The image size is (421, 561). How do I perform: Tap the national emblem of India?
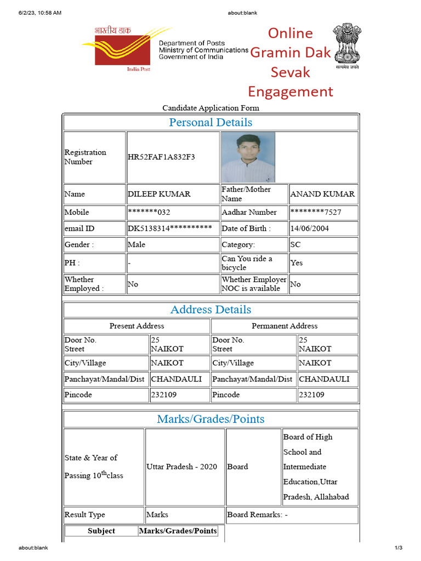point(347,46)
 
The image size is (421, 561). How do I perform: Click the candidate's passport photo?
point(248,157)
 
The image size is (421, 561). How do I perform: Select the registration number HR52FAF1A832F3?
point(161,157)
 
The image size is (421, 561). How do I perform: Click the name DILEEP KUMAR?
point(159,194)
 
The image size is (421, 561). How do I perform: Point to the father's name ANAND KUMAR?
point(322,194)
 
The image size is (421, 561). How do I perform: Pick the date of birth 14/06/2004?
point(310,228)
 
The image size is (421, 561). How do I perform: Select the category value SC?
point(295,245)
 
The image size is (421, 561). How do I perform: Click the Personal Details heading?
point(210,122)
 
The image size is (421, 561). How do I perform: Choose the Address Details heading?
point(210,310)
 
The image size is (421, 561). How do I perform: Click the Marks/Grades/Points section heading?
point(210,419)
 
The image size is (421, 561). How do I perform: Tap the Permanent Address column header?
point(285,326)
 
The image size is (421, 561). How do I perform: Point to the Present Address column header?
point(136,326)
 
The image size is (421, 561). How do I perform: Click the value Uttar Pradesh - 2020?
point(181,467)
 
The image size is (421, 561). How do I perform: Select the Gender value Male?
point(136,245)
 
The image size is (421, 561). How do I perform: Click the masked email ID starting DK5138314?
point(169,228)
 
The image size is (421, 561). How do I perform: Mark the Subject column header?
point(101,531)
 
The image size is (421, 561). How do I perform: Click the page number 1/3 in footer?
point(399,548)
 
